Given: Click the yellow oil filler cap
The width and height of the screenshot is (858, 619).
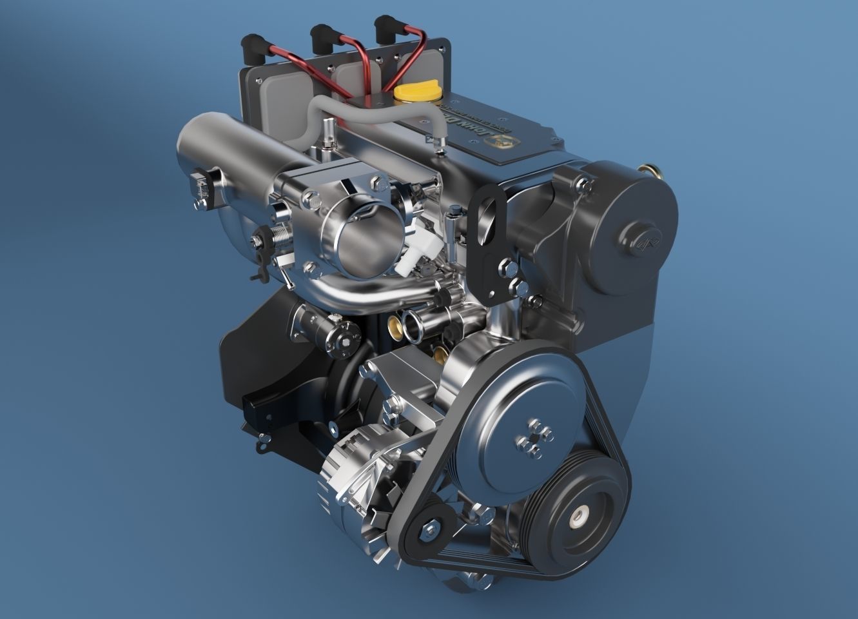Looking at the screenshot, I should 417,93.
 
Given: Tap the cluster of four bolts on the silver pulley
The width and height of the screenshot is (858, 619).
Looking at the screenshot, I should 534,439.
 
